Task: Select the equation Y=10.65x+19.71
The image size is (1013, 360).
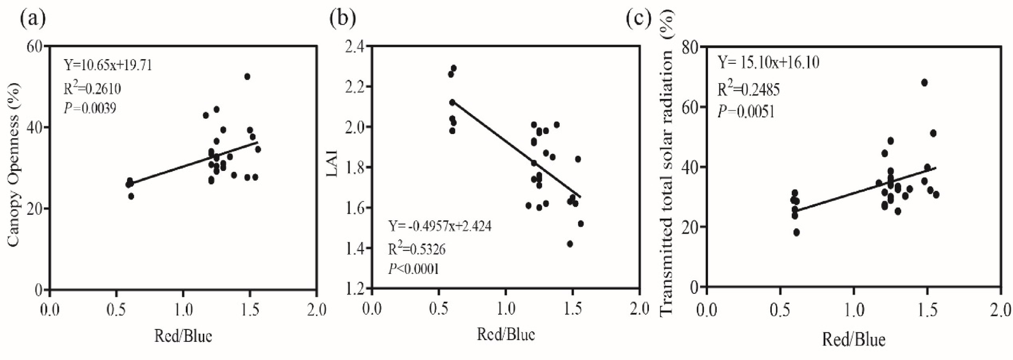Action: (108, 65)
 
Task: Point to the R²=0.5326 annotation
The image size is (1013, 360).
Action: (417, 249)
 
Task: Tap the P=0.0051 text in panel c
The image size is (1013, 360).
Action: (746, 111)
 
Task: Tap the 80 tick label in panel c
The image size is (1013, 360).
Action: (693, 47)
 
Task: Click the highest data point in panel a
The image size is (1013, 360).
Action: (248, 77)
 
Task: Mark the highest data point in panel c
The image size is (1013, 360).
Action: (924, 83)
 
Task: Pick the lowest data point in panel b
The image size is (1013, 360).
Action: (570, 244)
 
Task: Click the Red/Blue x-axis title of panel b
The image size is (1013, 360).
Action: (506, 334)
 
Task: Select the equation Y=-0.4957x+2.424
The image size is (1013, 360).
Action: (439, 226)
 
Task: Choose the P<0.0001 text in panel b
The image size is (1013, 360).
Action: (414, 269)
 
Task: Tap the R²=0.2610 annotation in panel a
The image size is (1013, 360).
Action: (92, 88)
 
